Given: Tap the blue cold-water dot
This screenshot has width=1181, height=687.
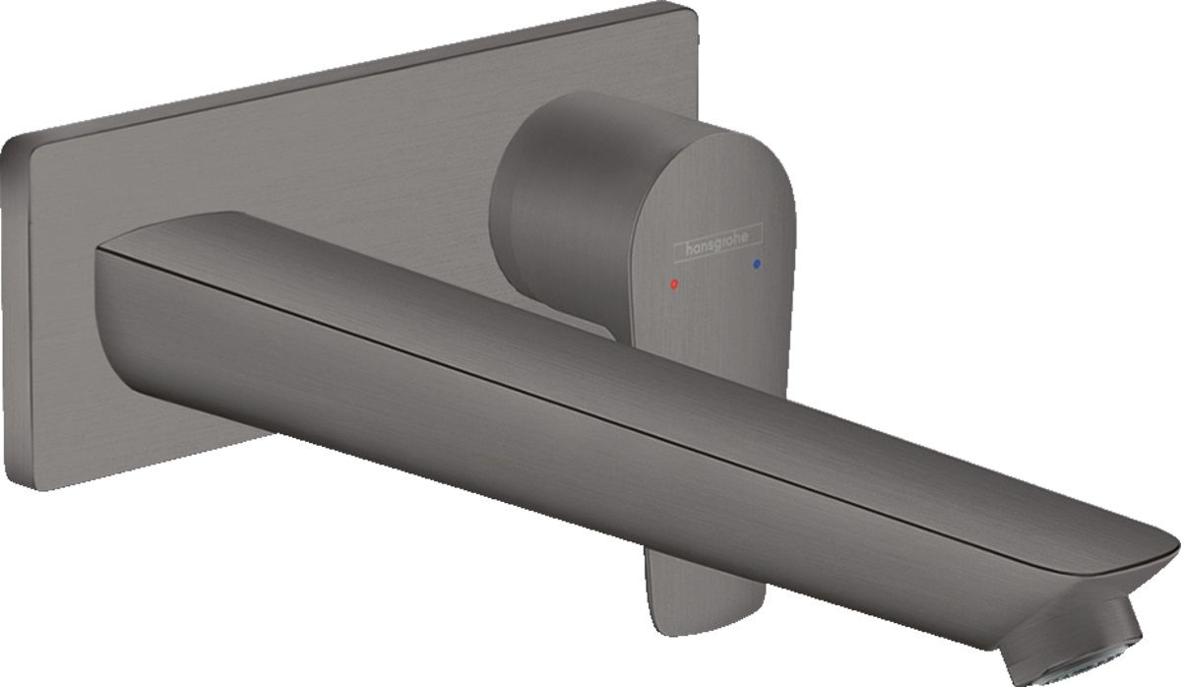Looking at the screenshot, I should point(757,263).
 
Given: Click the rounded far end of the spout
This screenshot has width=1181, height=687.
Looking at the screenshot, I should point(1166,556).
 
